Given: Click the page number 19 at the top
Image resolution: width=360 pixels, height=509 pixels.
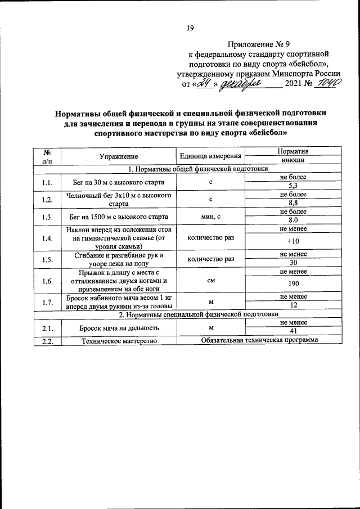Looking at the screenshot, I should point(190,29).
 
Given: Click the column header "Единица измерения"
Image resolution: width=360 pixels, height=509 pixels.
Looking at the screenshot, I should point(210,156).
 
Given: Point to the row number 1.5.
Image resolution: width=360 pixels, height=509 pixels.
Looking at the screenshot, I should point(47,259).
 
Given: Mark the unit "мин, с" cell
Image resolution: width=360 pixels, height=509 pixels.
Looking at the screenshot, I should point(210,217).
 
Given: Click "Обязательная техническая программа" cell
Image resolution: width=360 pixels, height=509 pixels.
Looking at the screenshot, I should point(259,340).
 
